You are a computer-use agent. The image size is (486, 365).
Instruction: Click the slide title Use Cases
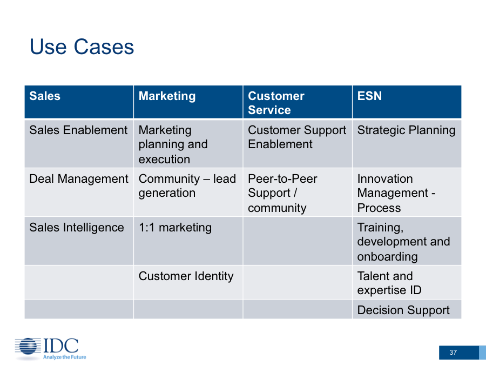tap(82, 47)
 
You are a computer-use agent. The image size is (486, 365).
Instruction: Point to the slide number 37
tap(453, 352)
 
